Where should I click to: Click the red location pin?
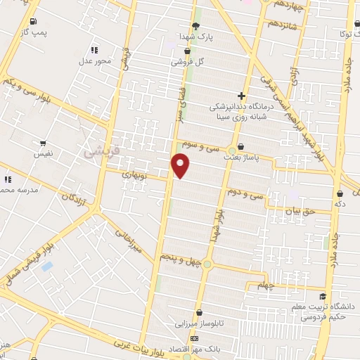pyautogui.click(x=181, y=166)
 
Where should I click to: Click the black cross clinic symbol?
pyautogui.click(x=241, y=96)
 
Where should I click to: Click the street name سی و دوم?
pyautogui.click(x=245, y=191)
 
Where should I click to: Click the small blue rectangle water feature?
pyautogui.click(x=47, y=266)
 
